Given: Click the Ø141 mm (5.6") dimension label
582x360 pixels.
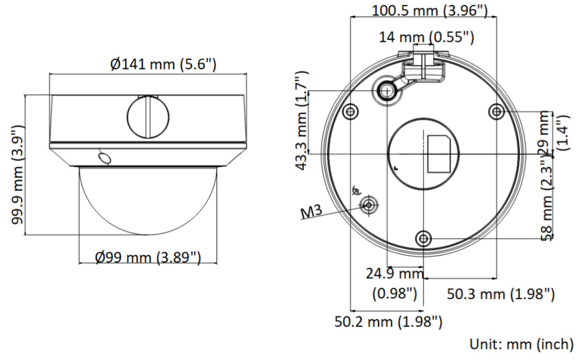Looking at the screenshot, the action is click(x=163, y=64).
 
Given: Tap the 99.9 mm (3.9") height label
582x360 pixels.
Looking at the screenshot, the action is click(x=17, y=175).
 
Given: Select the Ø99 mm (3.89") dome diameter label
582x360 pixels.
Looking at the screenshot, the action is click(x=148, y=257).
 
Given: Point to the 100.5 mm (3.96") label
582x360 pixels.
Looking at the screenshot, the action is click(x=430, y=11).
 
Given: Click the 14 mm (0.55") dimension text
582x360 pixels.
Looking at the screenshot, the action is click(x=426, y=37).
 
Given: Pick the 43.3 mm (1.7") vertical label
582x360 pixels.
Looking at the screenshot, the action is click(x=302, y=121).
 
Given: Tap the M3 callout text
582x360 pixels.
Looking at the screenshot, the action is click(x=311, y=212).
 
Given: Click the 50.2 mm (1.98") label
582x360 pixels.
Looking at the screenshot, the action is click(x=388, y=321).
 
